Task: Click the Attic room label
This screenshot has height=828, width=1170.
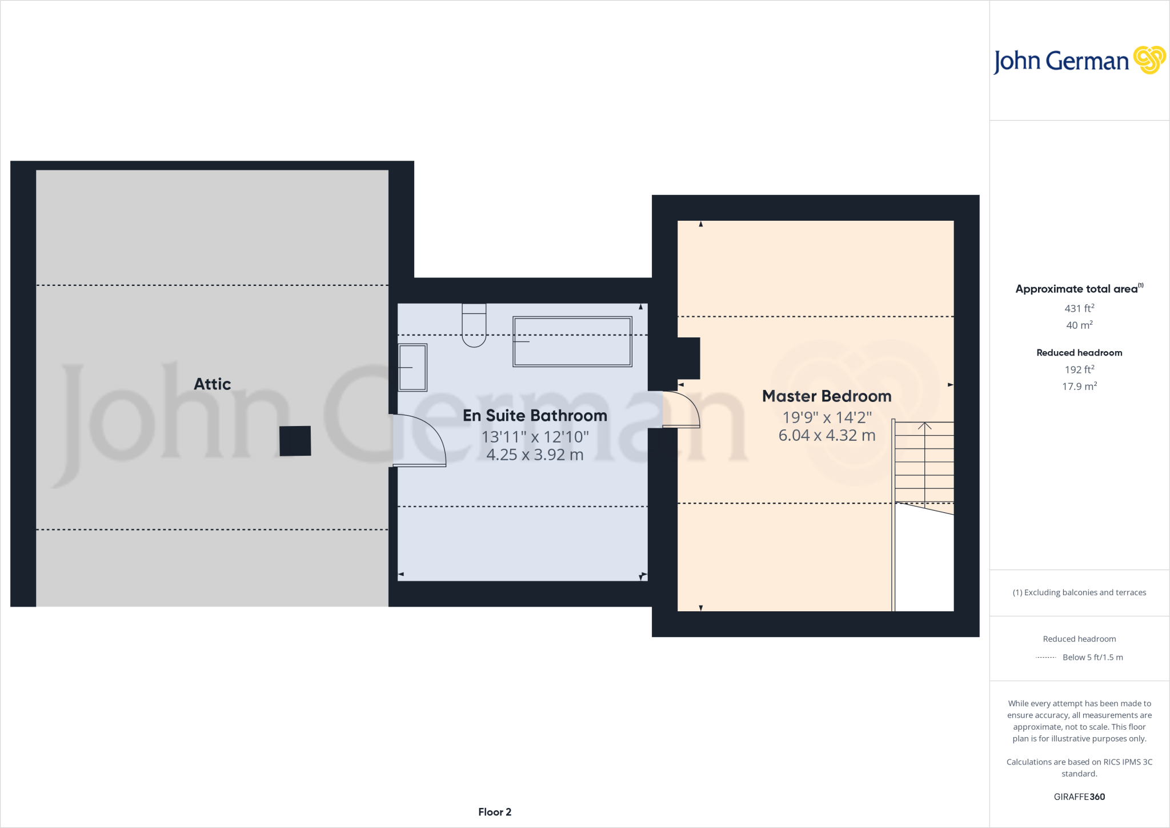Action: (212, 384)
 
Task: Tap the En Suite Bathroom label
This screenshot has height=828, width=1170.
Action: (535, 416)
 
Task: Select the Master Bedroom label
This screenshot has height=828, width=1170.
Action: (827, 396)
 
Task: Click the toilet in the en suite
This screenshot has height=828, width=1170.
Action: (474, 327)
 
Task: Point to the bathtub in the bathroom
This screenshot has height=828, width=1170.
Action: (572, 341)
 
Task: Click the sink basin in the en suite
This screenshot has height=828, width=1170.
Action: (412, 368)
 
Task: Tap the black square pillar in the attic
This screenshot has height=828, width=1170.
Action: (295, 441)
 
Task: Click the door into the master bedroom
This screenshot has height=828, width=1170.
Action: (682, 409)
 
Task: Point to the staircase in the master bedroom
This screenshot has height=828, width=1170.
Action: (924, 463)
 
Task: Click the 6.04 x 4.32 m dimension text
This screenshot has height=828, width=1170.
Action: (827, 436)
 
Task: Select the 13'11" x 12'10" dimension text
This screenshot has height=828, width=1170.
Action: (535, 437)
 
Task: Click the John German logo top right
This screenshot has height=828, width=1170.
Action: (1079, 61)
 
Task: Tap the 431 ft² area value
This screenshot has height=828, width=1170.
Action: (1079, 308)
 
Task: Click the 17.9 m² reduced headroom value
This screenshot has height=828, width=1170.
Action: (1079, 387)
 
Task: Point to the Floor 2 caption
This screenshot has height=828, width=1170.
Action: (495, 812)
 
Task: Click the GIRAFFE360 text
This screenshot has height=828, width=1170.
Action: (1079, 797)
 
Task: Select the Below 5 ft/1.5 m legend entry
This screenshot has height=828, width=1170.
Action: (1092, 658)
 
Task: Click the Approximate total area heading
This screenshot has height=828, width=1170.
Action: (1076, 289)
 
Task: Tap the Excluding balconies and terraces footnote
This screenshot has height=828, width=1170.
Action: (1079, 592)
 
